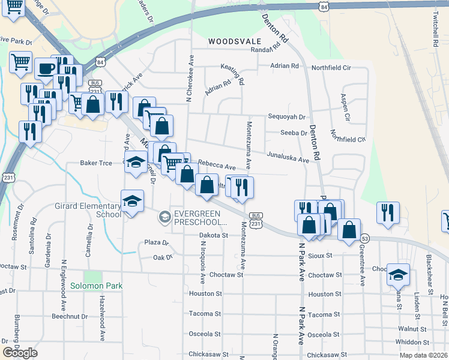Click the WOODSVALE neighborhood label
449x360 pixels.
click(235, 41)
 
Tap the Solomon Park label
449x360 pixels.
click(96, 286)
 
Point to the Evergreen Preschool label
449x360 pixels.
click(195, 218)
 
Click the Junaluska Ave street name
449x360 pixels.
click(288, 157)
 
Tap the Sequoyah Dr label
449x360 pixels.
click(287, 117)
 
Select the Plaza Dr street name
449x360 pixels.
click(157, 243)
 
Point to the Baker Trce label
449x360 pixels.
click(96, 163)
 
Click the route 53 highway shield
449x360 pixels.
click(365, 238)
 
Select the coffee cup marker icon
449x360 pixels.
click(46, 68)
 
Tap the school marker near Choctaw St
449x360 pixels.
click(398, 274)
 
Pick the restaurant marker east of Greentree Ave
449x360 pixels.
click(387, 212)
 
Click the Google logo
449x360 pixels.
click(20, 353)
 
